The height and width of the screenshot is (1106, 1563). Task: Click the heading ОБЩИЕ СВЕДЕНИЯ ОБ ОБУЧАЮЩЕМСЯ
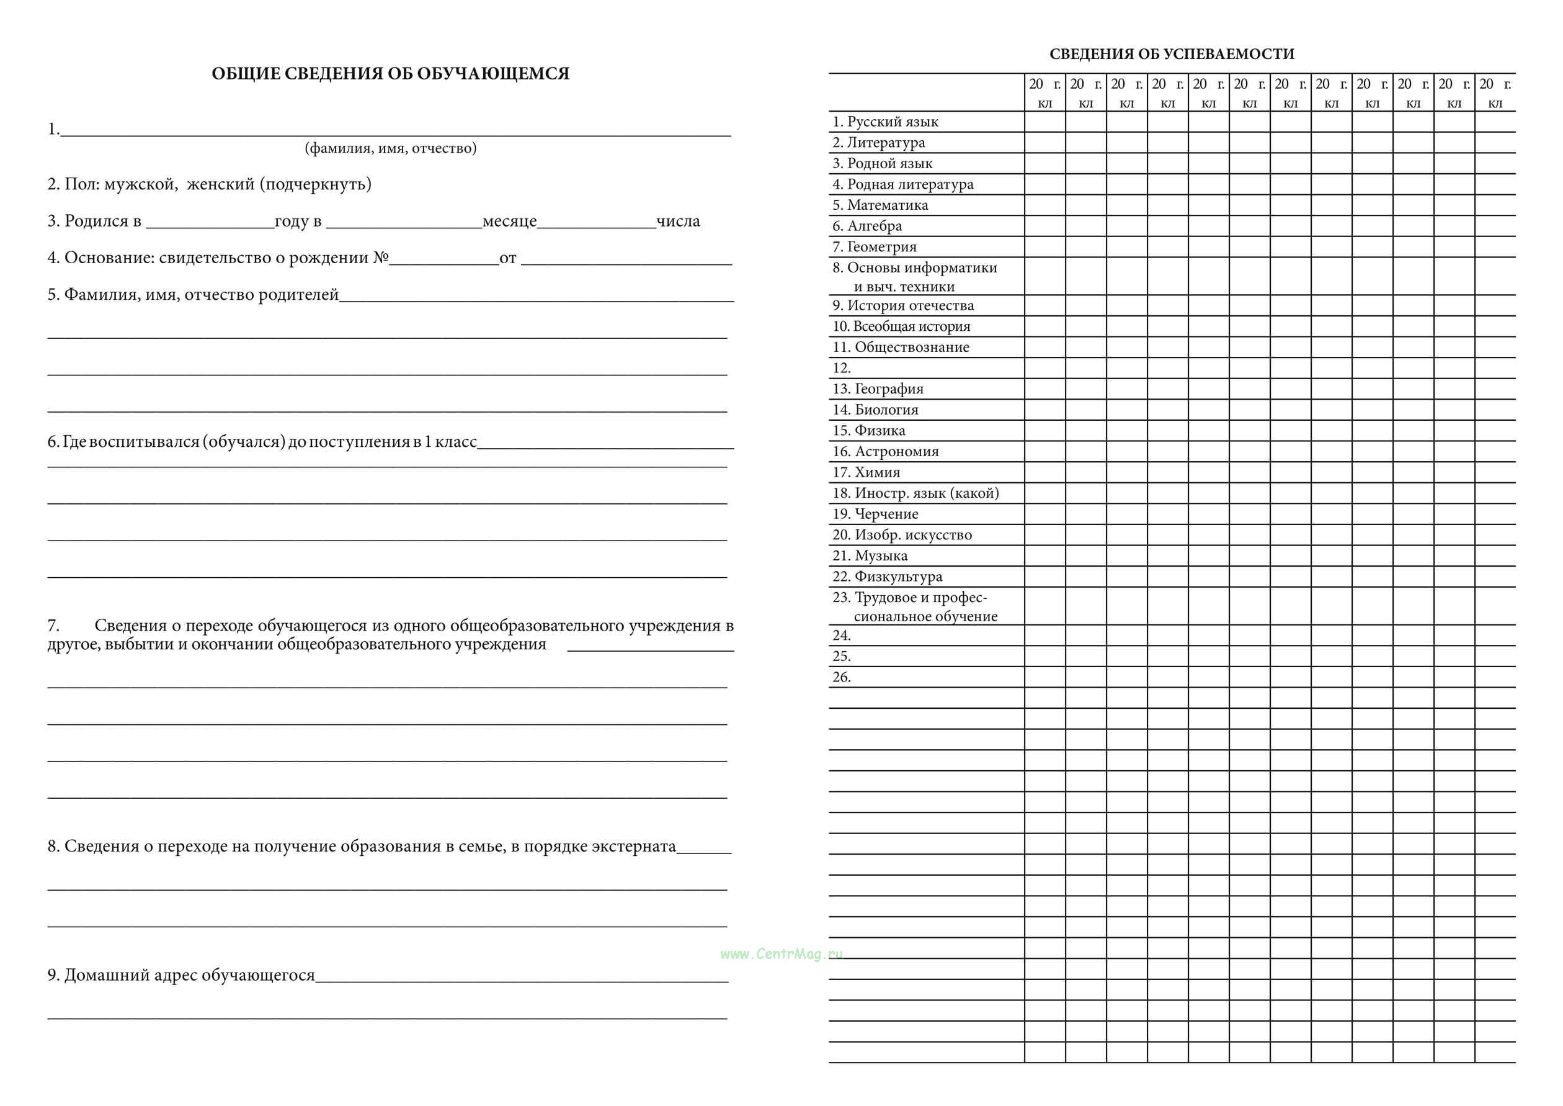point(390,74)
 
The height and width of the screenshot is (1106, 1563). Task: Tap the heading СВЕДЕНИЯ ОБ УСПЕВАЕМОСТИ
point(1172,54)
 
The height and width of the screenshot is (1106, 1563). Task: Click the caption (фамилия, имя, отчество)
point(390,148)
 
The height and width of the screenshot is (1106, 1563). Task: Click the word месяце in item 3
point(509,222)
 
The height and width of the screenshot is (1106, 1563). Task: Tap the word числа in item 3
point(678,222)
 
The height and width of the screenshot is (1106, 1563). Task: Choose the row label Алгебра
point(875,226)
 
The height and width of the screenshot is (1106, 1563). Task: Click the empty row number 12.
point(842,369)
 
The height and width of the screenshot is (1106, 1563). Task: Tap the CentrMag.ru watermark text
point(781,953)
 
